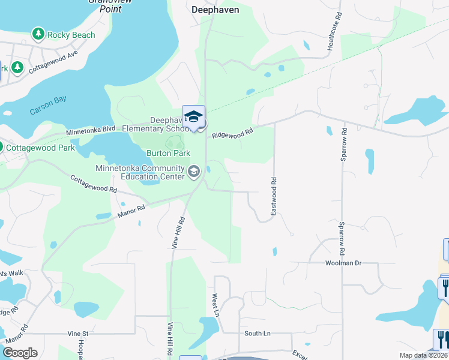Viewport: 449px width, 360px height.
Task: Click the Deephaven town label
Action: coord(215,10)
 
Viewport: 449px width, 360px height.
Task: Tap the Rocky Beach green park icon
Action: coord(39,34)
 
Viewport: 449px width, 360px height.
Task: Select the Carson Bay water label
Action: coord(48,106)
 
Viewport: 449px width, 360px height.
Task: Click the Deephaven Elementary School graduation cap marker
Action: coord(193,116)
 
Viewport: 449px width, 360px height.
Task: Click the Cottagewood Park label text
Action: coord(40,148)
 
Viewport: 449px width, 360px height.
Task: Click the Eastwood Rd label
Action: coord(273,196)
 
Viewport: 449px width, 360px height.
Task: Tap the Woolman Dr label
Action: coord(343,263)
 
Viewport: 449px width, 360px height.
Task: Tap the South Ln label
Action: coord(258,333)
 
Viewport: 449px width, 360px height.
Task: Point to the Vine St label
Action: coord(77,333)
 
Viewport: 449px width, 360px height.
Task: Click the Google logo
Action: coord(20,353)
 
